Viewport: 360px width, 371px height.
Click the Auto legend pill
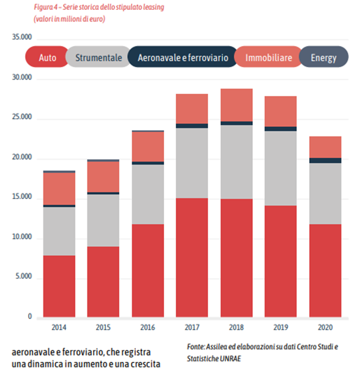pyautogui.click(x=47, y=57)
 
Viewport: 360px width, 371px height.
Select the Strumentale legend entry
pyautogui.click(x=98, y=57)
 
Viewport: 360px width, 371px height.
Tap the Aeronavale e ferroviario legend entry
pyautogui.click(x=182, y=57)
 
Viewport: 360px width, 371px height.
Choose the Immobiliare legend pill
pyautogui.click(x=268, y=57)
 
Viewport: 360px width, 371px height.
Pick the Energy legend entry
pyautogui.click(x=323, y=57)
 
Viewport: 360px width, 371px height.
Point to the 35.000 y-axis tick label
pyautogui.click(x=22, y=37)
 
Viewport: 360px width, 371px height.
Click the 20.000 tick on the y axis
pyautogui.click(x=22, y=157)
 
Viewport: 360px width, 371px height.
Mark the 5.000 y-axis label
pyautogui.click(x=23, y=276)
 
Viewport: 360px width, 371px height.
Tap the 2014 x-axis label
pyautogui.click(x=59, y=328)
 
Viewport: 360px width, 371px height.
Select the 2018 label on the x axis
pyautogui.click(x=236, y=328)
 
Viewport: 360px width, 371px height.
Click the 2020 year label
pyautogui.click(x=325, y=328)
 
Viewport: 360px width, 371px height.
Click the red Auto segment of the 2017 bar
pyautogui.click(x=192, y=258)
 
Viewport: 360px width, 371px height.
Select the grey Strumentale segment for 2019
pyautogui.click(x=280, y=168)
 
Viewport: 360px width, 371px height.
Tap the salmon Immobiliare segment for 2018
pyautogui.click(x=236, y=105)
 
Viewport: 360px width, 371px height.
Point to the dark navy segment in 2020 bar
pyautogui.click(x=325, y=160)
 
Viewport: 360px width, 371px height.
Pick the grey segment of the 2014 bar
pyautogui.click(x=59, y=231)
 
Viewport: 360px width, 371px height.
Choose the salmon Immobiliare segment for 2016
pyautogui.click(x=148, y=147)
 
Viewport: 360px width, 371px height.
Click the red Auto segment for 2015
pyautogui.click(x=103, y=282)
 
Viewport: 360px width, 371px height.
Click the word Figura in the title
pyautogui.click(x=43, y=7)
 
